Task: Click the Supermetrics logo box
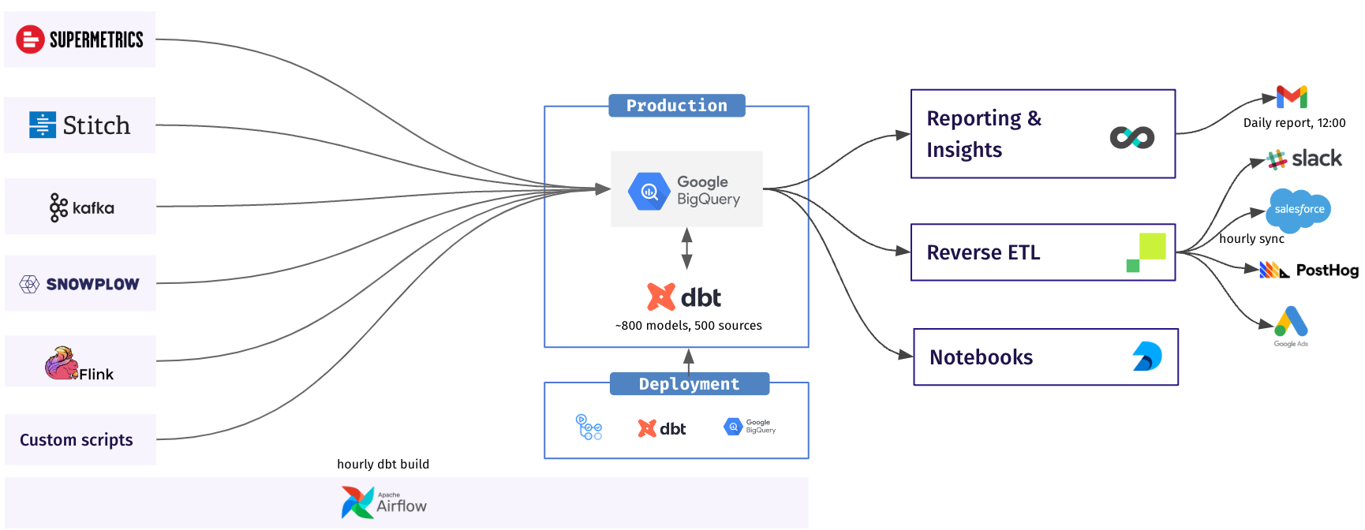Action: [x=80, y=39]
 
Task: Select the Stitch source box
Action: [x=80, y=125]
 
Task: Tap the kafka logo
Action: [x=81, y=207]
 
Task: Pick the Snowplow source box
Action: [x=80, y=284]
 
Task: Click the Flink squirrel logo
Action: [x=62, y=364]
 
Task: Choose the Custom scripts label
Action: [x=77, y=440]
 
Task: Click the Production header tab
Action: [x=676, y=106]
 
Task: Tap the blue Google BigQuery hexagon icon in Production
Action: [x=649, y=191]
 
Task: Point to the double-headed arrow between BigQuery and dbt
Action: [x=687, y=248]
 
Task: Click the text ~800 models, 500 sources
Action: [x=688, y=326]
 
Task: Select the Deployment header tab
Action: [x=689, y=384]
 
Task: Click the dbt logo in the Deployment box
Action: [x=662, y=428]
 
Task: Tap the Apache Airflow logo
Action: [x=384, y=502]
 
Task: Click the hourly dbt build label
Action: [x=383, y=465]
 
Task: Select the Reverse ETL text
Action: [x=983, y=252]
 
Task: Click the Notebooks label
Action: [x=981, y=357]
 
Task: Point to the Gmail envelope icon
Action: [x=1292, y=97]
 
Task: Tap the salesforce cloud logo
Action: [x=1299, y=209]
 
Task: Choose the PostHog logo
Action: [x=1309, y=271]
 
